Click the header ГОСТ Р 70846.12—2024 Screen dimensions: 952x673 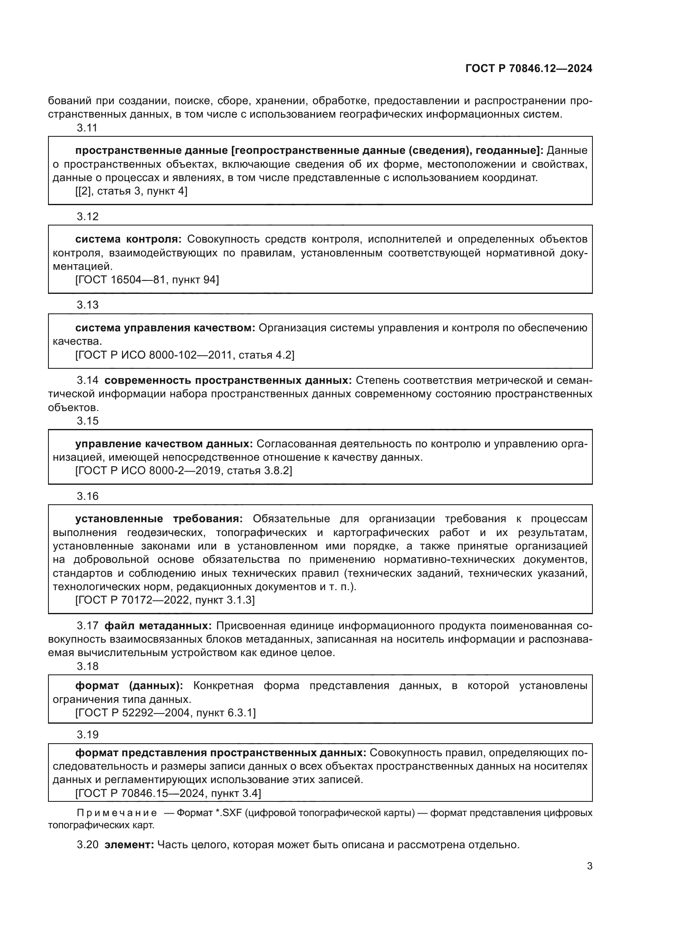pyautogui.click(x=529, y=69)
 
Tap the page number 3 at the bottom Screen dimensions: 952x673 pyautogui.click(x=589, y=866)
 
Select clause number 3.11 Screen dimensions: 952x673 pyautogui.click(x=87, y=128)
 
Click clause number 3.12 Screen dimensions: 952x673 pyautogui.click(x=87, y=217)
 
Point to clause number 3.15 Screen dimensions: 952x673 pyautogui.click(x=87, y=421)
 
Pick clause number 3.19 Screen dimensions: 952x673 pyautogui.click(x=87, y=735)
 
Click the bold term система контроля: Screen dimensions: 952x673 pyautogui.click(x=129, y=239)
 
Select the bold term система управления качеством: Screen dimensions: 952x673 pyautogui.click(x=165, y=328)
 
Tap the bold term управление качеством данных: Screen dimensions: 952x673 pyautogui.click(x=164, y=444)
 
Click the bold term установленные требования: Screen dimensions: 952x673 pyautogui.click(x=159, y=519)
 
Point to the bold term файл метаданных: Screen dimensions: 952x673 pyautogui.click(x=158, y=626)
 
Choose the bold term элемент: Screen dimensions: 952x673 pyautogui.click(x=129, y=845)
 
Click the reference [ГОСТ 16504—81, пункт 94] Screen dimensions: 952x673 pyautogui.click(x=147, y=280)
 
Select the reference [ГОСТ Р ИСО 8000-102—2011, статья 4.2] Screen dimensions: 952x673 pyautogui.click(x=185, y=355)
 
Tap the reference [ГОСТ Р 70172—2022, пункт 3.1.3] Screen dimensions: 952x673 pyautogui.click(x=165, y=600)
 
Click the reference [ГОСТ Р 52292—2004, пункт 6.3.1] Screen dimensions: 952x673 pyautogui.click(x=165, y=713)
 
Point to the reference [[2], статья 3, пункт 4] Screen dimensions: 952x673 pyautogui.click(x=131, y=191)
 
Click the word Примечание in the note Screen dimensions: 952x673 pyautogui.click(x=117, y=813)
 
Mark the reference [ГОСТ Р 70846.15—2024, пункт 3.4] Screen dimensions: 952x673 pyautogui.click(x=168, y=793)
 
